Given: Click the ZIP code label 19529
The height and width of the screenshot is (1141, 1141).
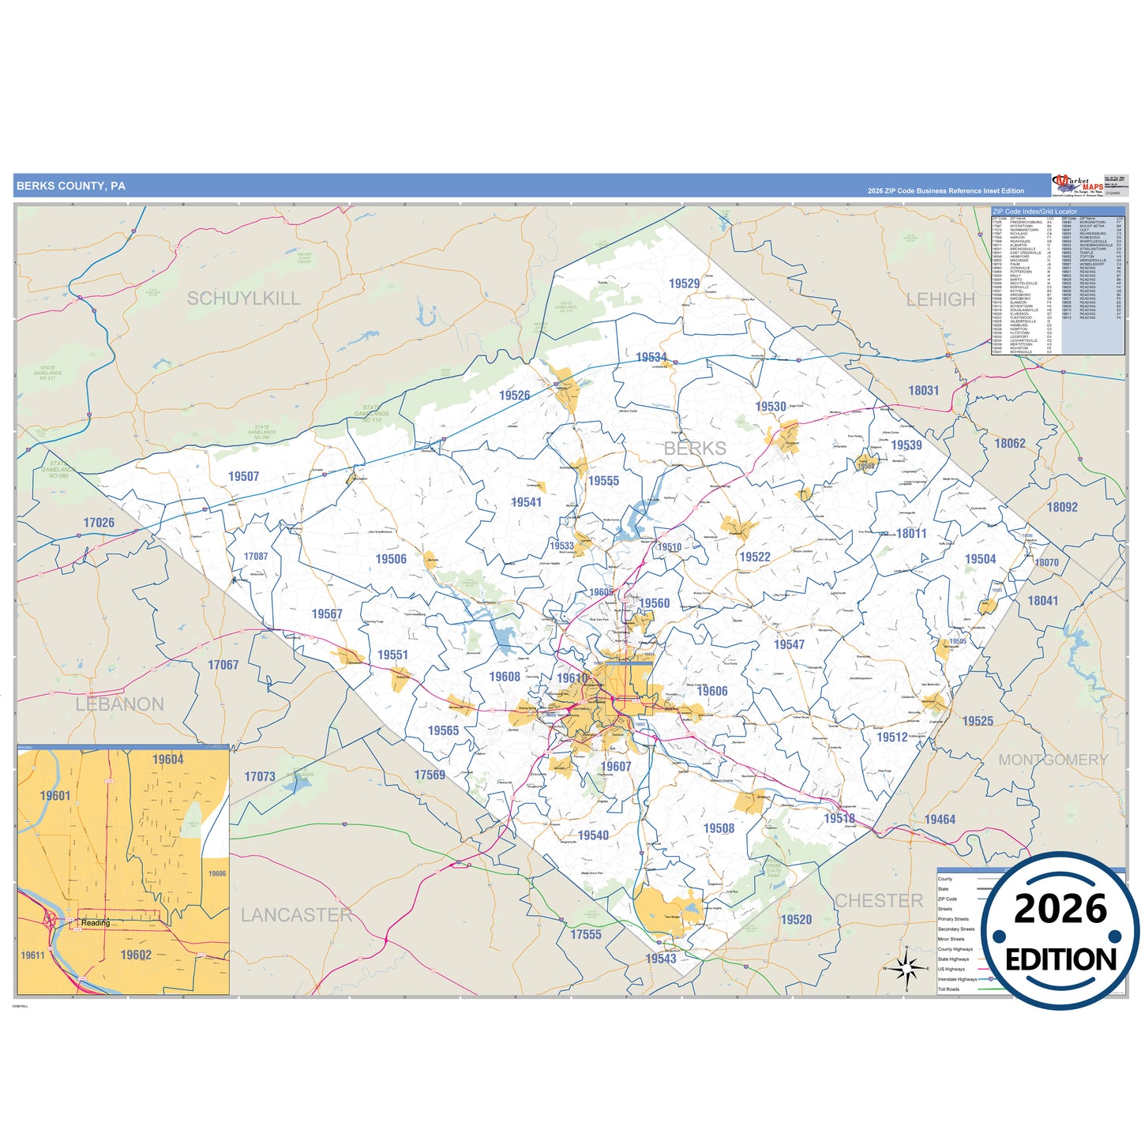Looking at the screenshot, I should click(x=684, y=283).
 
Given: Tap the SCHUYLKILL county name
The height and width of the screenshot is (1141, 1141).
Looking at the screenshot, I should click(x=243, y=298).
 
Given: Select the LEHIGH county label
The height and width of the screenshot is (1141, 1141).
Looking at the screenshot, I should click(x=940, y=300).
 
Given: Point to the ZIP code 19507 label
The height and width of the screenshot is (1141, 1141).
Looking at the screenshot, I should click(x=243, y=476).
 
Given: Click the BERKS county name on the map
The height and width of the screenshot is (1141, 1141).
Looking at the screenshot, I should click(x=695, y=449).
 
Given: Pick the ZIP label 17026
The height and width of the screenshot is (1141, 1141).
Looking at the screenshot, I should click(x=99, y=523).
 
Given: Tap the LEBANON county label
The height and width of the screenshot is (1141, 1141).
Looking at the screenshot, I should click(x=120, y=704).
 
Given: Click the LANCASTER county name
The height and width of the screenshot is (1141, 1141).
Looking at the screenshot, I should click(x=296, y=915).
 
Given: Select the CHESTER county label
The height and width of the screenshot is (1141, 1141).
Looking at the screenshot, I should click(x=879, y=901).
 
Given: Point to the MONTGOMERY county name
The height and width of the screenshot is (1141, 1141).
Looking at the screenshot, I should click(x=1053, y=760).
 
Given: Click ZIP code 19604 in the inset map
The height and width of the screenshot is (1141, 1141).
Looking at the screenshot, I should click(x=167, y=760).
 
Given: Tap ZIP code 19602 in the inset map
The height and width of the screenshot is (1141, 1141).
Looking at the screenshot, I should click(x=136, y=955).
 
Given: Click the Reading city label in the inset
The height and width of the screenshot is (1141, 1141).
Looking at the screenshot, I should click(x=96, y=923).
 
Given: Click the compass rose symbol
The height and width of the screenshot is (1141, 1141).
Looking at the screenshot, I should click(x=906, y=967).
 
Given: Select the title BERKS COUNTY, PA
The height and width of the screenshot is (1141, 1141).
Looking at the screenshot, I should click(x=71, y=186).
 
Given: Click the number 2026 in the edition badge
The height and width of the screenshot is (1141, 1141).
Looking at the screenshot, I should click(x=1060, y=910).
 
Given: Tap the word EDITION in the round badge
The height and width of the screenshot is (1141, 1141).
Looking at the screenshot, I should click(x=1060, y=959).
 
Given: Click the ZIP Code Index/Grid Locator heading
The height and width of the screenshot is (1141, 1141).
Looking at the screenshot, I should click(x=1034, y=212).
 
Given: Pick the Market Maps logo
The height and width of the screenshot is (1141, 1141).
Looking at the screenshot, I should click(x=1077, y=186).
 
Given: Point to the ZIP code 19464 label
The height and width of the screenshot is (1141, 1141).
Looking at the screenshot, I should click(x=940, y=820).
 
